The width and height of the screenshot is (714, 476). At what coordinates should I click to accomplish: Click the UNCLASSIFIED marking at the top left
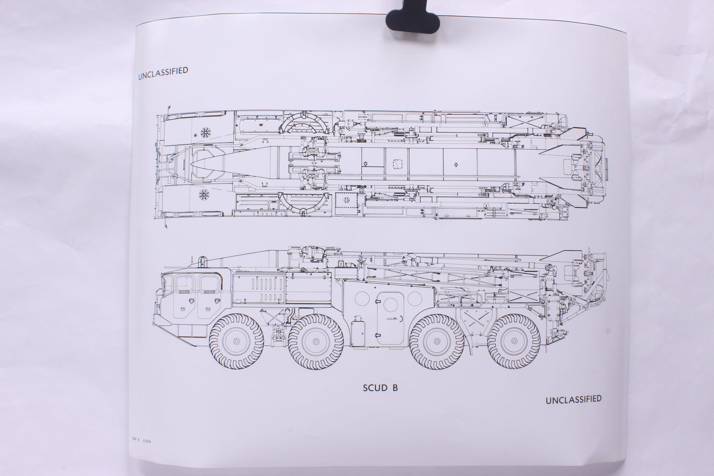[164, 71]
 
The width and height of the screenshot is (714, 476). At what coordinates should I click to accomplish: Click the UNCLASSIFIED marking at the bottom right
[573, 399]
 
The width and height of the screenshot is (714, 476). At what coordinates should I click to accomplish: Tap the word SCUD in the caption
[375, 388]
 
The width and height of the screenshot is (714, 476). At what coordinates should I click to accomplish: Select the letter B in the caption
[395, 388]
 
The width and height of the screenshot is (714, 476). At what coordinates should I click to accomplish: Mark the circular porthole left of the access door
[363, 299]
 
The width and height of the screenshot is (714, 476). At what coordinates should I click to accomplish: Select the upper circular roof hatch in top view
[204, 132]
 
